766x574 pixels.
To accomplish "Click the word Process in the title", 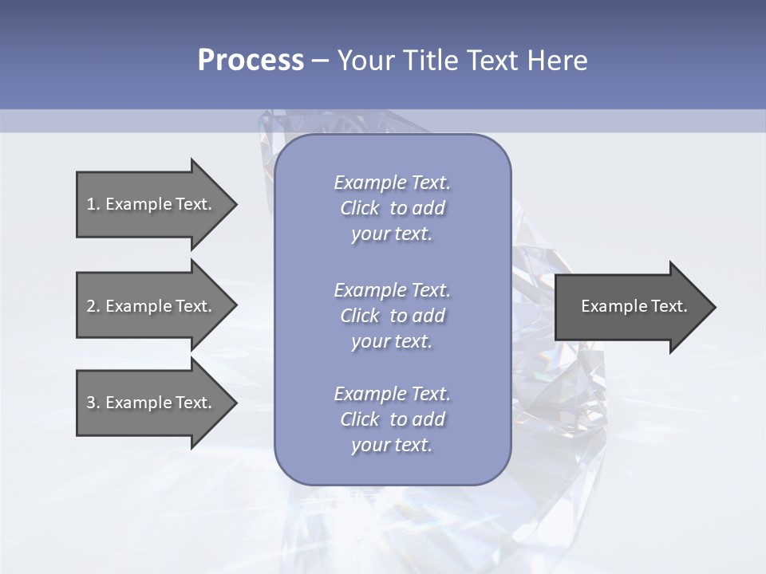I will coord(251,61).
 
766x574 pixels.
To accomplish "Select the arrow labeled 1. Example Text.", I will coord(152,204).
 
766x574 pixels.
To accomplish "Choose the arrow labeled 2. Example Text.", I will coord(152,306).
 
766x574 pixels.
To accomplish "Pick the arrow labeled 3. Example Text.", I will coord(152,403).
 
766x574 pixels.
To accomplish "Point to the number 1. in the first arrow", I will coord(93,204).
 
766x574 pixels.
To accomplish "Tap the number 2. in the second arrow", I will coord(93,306).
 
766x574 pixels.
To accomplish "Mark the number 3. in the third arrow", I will coord(93,403).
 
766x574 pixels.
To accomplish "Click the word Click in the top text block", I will coord(360,208).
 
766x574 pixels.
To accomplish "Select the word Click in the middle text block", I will coord(360,316).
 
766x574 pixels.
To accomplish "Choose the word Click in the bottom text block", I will coord(360,419).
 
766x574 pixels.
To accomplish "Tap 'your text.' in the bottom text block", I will coord(392,445).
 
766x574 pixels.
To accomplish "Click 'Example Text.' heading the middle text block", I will coord(392,290).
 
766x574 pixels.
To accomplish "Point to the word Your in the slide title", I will coord(365,61).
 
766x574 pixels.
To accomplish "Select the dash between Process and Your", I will coord(320,61).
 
